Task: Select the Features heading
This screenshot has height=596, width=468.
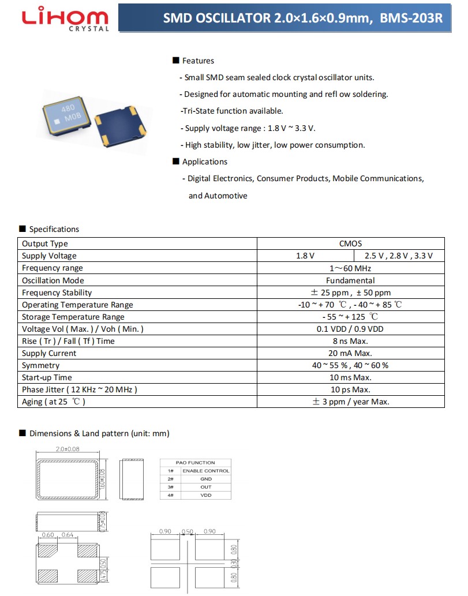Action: tap(197, 61)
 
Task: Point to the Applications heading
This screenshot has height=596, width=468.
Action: tap(204, 162)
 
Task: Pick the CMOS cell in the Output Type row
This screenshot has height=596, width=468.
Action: tap(350, 243)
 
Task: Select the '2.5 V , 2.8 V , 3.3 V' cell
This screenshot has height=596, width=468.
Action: tap(398, 256)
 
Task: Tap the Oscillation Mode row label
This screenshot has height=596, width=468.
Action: tap(53, 280)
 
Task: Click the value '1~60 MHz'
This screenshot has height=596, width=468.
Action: tap(350, 268)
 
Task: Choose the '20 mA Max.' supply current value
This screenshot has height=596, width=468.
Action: tap(350, 353)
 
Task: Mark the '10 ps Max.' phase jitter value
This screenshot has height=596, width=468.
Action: tap(350, 389)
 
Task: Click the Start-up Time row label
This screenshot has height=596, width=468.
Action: tap(47, 377)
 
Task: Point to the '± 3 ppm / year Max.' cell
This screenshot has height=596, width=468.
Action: tap(350, 402)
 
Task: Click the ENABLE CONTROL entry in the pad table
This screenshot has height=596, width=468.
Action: tap(205, 471)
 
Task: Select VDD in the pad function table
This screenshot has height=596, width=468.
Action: tap(205, 496)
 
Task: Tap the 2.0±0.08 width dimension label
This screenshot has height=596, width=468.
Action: tap(68, 449)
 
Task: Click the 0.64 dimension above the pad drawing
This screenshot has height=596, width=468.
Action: tap(68, 535)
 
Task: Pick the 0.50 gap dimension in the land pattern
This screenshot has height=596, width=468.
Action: tap(187, 531)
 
